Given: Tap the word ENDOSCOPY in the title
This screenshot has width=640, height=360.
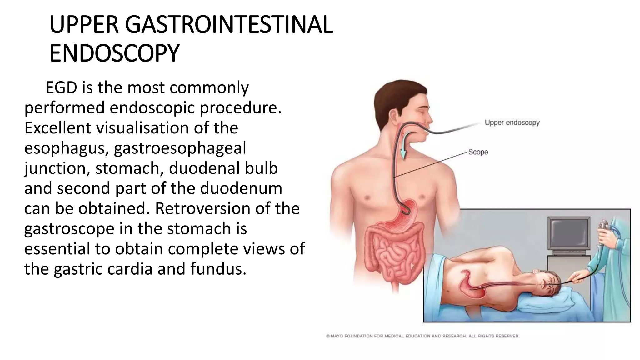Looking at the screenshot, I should point(114,53).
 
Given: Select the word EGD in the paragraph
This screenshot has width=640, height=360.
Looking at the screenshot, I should point(61,87).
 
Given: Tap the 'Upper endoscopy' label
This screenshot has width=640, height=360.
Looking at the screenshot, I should point(512,122).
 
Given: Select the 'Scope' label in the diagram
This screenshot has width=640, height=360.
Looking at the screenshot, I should point(478,152).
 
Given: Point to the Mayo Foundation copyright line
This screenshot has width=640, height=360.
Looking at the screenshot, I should point(422,336).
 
